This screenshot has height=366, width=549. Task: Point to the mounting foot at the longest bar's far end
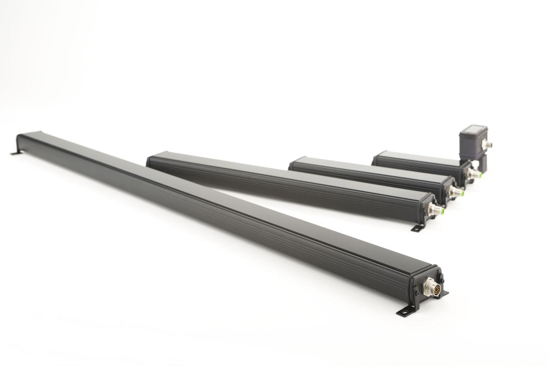point(15,152)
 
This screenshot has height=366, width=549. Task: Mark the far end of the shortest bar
point(375,159)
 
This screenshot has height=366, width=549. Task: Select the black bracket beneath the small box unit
point(478,163)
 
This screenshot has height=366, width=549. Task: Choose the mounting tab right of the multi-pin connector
point(444,293)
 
